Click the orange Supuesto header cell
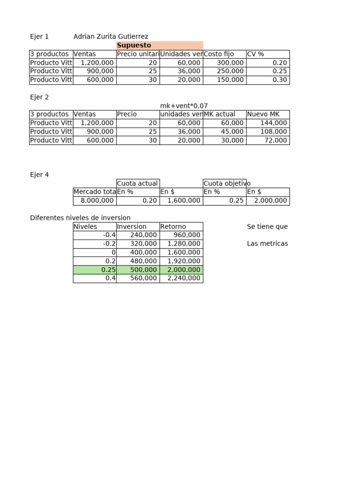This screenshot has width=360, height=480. [159, 45]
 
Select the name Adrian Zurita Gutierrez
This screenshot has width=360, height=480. [111, 37]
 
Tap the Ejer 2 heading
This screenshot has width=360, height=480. [39, 97]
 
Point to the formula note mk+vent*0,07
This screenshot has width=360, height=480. [184, 106]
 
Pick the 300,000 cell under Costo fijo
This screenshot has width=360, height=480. [225, 63]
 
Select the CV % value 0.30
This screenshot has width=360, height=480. [279, 80]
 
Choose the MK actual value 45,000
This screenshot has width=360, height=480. [232, 132]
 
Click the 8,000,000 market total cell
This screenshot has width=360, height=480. [95, 201]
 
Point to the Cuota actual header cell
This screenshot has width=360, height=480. [138, 183]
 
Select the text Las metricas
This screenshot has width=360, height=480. [267, 244]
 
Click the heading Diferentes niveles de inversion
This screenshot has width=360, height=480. [80, 218]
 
